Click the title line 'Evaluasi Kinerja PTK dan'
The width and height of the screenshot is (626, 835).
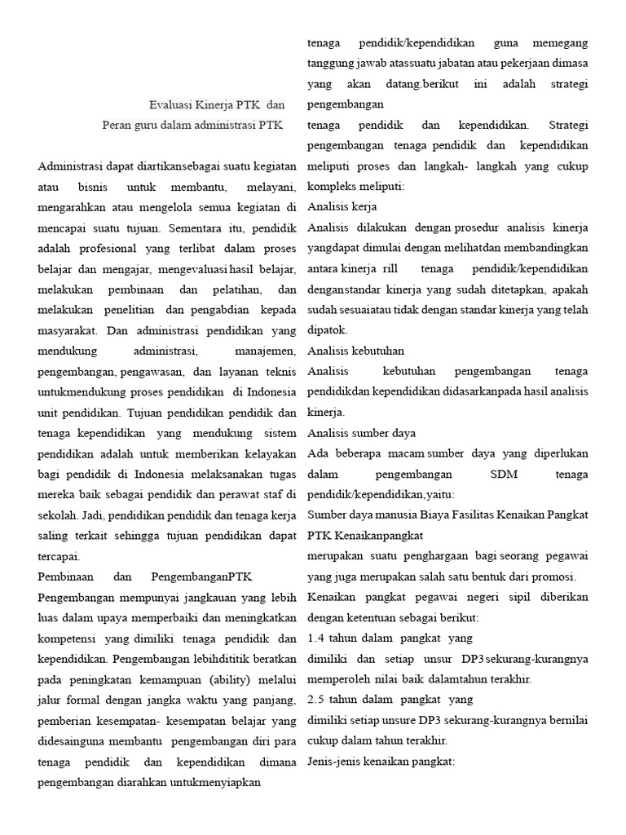point(217,104)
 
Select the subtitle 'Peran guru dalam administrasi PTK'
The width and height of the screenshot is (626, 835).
point(192,126)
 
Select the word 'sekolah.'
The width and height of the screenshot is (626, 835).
point(56,516)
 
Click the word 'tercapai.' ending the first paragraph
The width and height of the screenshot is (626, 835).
point(59,557)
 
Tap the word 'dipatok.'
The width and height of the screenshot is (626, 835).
point(328,330)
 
